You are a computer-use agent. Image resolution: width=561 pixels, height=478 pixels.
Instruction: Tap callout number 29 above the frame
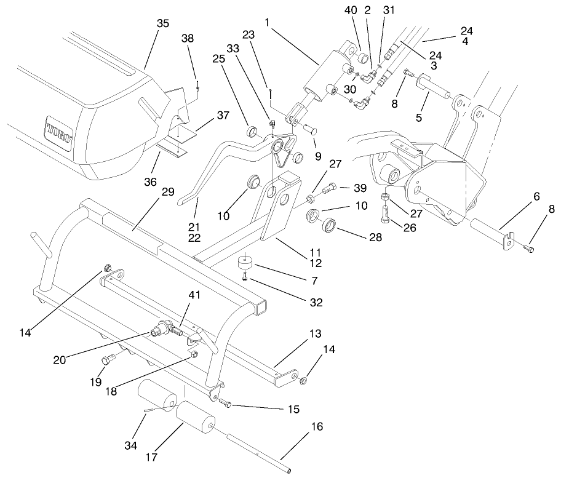168,193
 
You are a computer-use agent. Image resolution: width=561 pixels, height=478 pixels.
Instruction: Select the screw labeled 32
245,279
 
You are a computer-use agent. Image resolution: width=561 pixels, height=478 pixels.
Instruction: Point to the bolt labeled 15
226,404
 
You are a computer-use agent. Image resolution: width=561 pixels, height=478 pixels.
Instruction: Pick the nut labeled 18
193,354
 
